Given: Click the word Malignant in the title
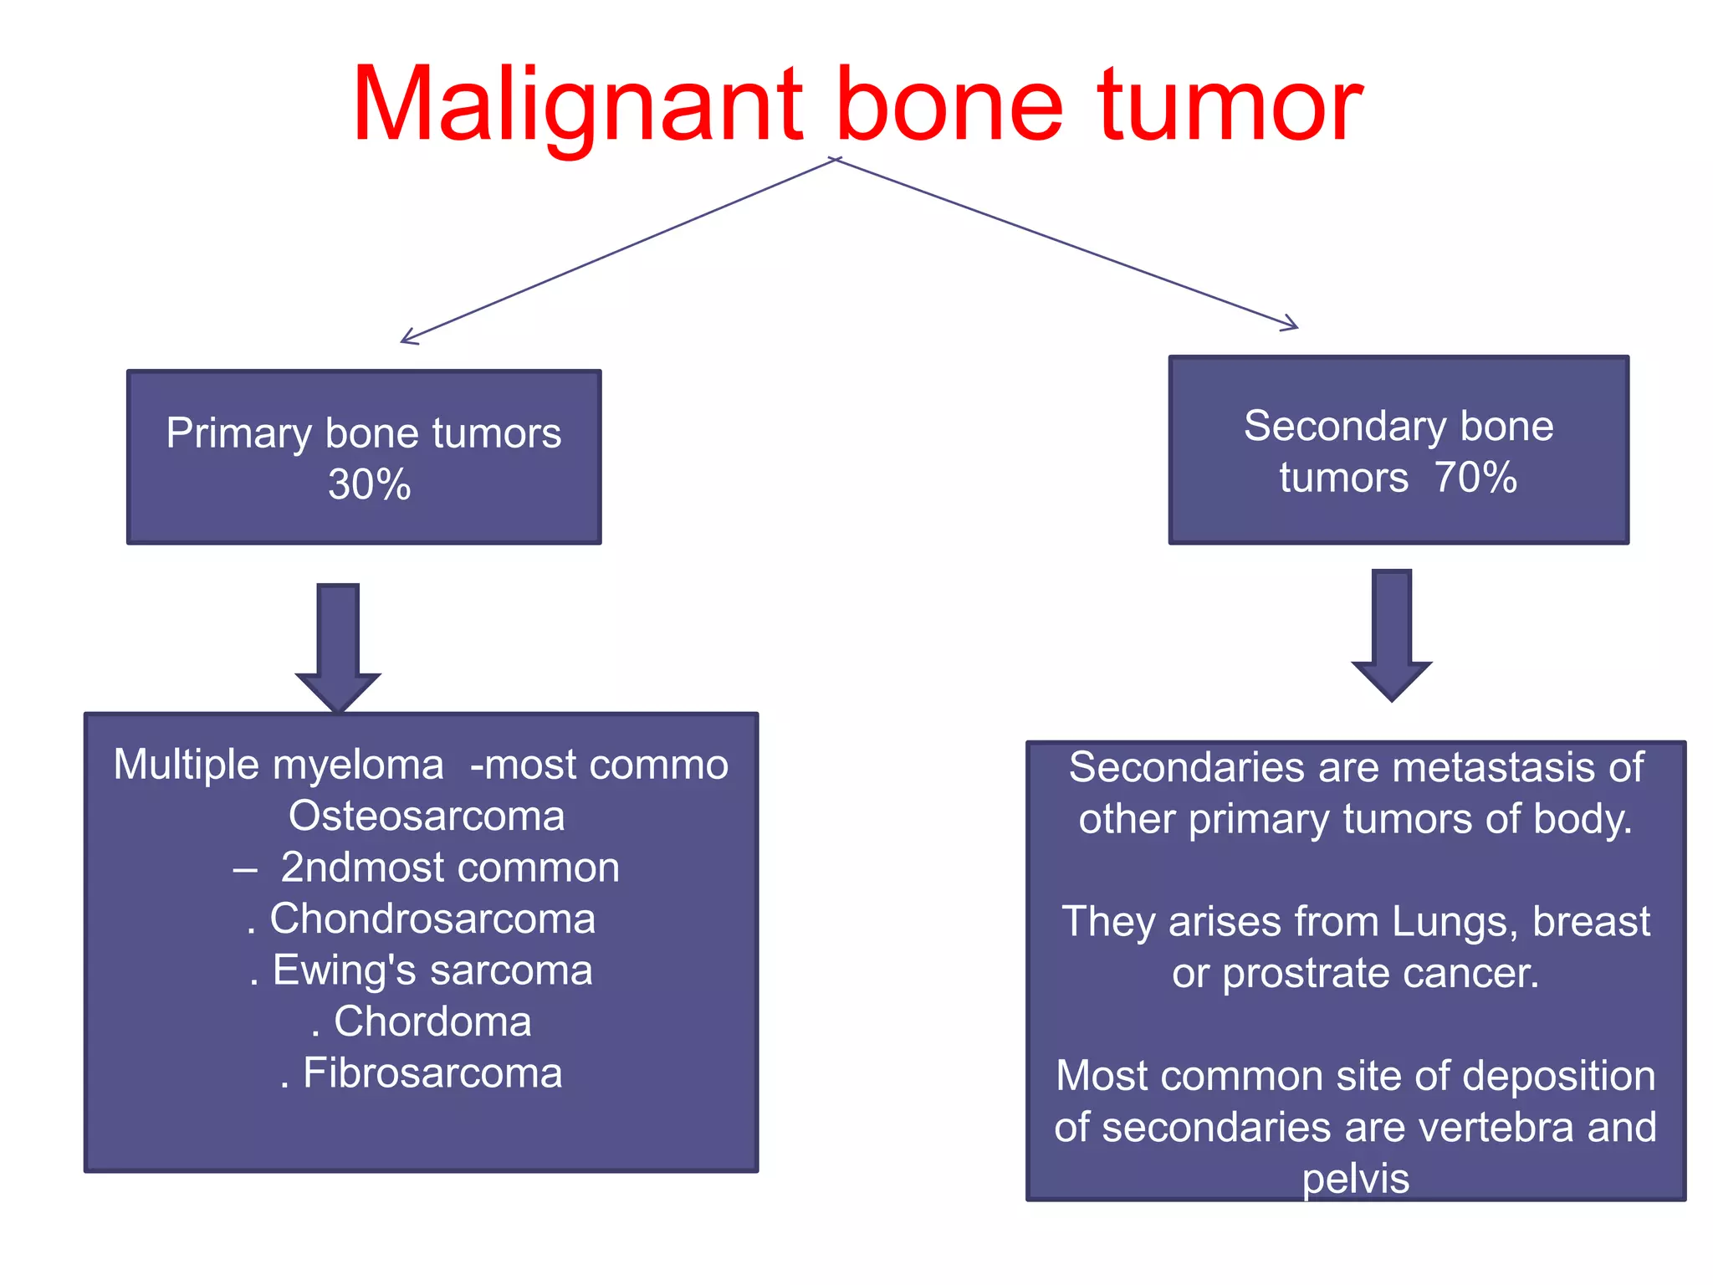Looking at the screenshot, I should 577,106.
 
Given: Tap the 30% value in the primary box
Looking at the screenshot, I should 369,484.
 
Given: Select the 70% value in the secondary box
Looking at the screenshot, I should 1475,478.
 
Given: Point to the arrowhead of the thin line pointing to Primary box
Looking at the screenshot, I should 407,338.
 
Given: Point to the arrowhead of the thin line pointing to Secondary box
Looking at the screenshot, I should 1292,325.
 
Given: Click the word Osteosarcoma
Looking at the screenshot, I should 427,816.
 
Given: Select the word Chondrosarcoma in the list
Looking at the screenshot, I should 432,919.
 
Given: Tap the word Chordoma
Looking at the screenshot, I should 432,1021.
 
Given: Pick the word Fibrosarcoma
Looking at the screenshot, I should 432,1073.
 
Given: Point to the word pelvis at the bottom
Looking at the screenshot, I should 1355,1179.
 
